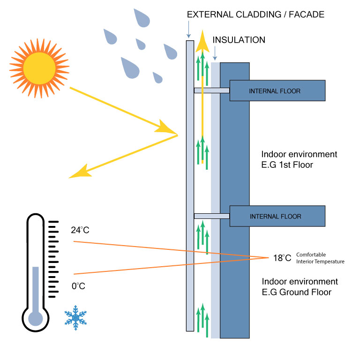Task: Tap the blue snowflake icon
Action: (x=75, y=317)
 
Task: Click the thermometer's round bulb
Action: (x=36, y=318)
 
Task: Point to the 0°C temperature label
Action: (x=78, y=285)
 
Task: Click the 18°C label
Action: (x=282, y=258)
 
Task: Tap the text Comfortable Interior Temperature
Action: (x=320, y=258)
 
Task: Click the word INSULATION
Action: (x=239, y=40)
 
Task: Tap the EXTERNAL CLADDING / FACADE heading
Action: (x=255, y=15)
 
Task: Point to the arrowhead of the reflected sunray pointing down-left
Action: (x=77, y=172)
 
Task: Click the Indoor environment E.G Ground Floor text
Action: (x=300, y=287)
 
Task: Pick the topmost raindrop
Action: (x=140, y=17)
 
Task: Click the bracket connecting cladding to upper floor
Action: (x=212, y=90)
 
